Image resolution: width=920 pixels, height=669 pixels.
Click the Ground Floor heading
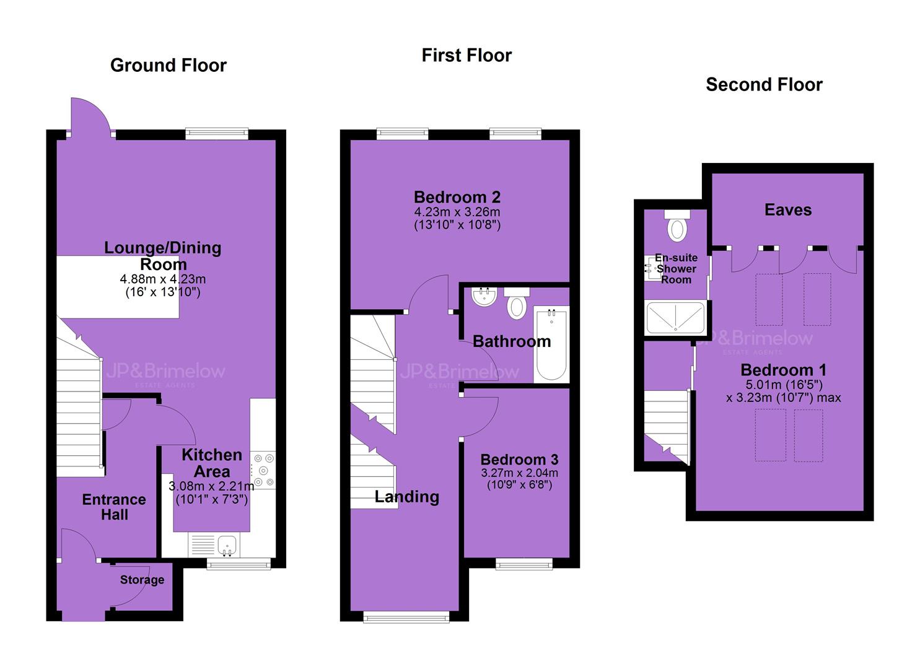(x=169, y=66)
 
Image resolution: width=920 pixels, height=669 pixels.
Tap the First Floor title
(x=467, y=56)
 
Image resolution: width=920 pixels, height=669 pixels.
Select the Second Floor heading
(x=764, y=85)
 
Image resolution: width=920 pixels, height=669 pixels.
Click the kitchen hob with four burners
(x=263, y=470)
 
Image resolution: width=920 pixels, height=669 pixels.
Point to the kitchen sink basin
(x=227, y=545)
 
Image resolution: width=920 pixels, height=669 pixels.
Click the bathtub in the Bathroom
(x=551, y=344)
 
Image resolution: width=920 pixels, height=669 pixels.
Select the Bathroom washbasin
(x=484, y=297)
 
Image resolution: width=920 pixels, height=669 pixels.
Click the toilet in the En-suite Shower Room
(x=677, y=225)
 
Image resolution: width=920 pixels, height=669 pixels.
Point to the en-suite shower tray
(x=676, y=318)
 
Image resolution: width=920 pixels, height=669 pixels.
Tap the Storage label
(x=142, y=579)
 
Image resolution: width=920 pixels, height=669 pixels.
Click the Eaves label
(x=788, y=210)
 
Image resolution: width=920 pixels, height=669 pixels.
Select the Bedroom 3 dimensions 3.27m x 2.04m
(x=520, y=472)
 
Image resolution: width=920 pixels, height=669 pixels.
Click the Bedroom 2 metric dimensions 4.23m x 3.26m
(x=457, y=212)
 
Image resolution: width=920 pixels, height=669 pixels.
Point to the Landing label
(x=406, y=497)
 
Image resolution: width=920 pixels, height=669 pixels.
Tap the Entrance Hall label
(x=114, y=507)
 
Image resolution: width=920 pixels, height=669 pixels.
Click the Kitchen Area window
(x=239, y=564)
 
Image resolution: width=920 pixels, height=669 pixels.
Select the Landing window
(x=406, y=617)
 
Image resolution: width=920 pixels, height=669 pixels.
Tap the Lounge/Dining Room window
(x=217, y=134)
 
